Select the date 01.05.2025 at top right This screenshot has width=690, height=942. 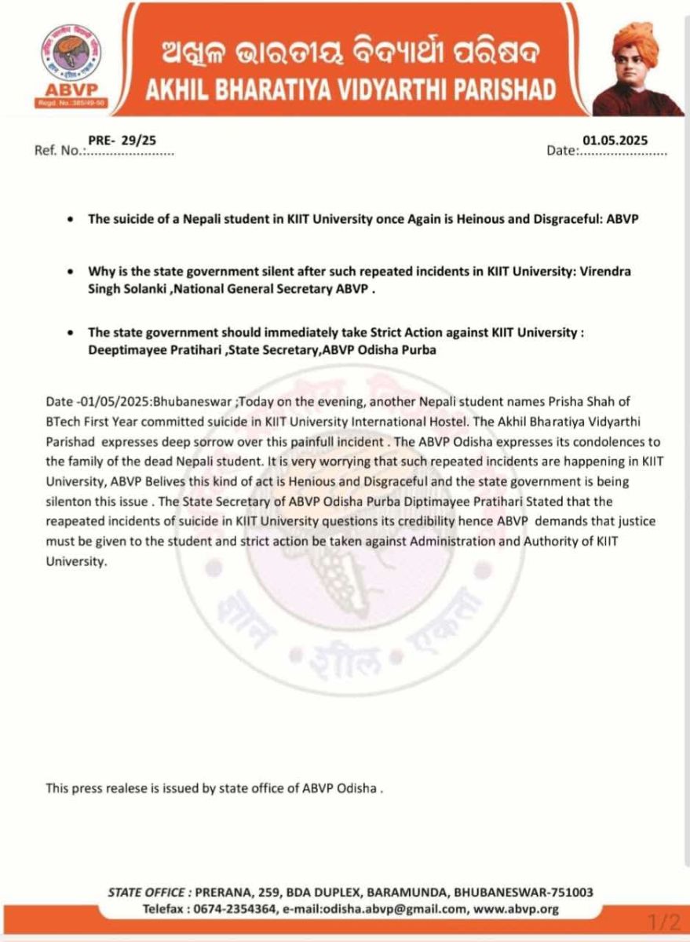[615, 140]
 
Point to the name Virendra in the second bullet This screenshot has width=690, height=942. [608, 271]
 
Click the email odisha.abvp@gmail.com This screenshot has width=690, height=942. [383, 909]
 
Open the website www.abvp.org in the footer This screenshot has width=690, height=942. [517, 909]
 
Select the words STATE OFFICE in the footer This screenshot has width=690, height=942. [144, 893]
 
